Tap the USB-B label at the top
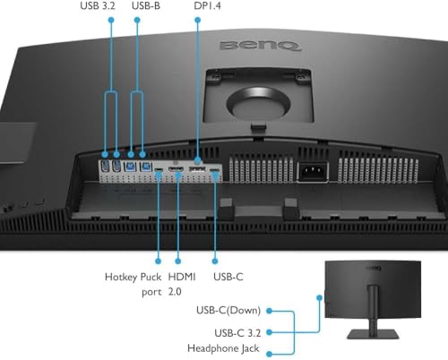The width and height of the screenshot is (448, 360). click(146, 7)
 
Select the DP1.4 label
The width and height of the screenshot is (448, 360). click(207, 7)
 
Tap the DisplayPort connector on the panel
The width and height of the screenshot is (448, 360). click(198, 170)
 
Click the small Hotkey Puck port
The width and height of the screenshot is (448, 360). click(158, 169)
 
